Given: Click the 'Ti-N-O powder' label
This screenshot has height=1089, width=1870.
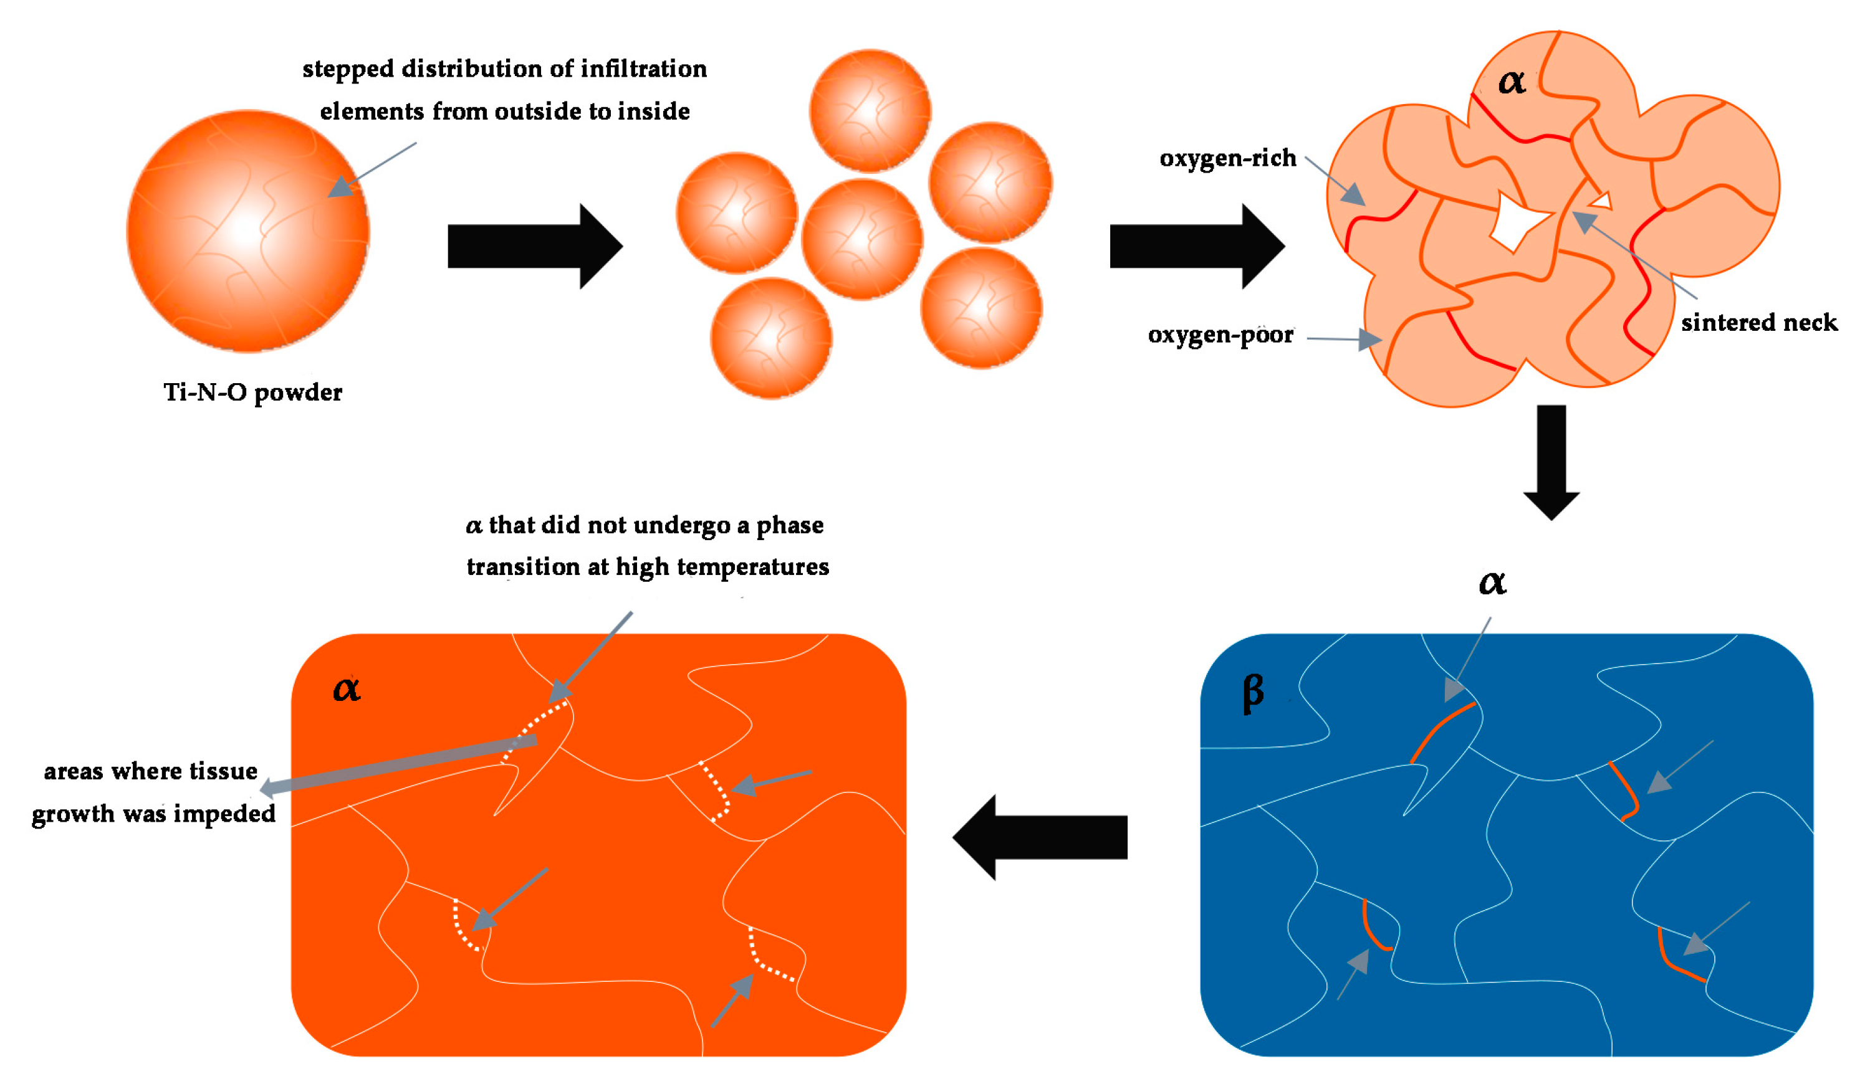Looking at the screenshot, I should coord(252,392).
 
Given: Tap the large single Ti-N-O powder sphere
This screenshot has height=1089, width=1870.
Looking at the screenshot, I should coord(248,231).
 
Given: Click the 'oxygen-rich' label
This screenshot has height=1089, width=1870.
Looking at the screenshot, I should coord(1227,158).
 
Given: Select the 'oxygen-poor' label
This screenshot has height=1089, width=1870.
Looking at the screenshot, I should coord(1220,335).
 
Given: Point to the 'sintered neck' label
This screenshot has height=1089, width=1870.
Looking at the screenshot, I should coord(1758,323).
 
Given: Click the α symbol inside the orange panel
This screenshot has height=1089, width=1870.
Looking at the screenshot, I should coord(347,688).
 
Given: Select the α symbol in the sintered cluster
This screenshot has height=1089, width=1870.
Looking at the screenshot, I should coord(1512,81).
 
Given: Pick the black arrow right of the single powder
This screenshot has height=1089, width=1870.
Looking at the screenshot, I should coord(534,245).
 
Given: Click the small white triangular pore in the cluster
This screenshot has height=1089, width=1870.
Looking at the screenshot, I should coord(1601,200).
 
